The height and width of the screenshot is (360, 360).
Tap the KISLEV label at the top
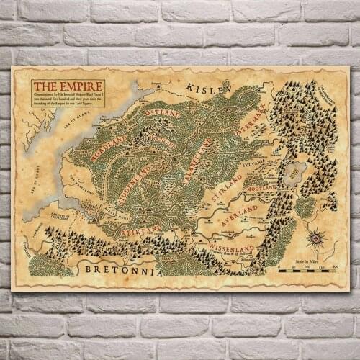(209, 88)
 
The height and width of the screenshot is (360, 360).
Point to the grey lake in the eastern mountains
(295, 172)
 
